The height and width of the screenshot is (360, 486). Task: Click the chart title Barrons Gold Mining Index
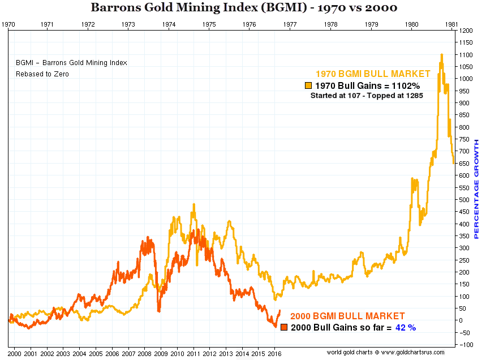[243, 8]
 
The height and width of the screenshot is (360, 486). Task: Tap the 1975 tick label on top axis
[209, 24]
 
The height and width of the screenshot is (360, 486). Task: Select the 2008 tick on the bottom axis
[145, 354]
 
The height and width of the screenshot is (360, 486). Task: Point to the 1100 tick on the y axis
[467, 55]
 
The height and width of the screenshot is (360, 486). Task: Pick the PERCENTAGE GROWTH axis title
[476, 188]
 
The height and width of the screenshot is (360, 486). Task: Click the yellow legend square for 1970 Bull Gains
[308, 85]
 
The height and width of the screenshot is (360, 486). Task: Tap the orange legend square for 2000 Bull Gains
[284, 327]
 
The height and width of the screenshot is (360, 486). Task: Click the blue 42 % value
[405, 327]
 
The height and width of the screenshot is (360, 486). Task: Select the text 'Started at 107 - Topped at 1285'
[367, 96]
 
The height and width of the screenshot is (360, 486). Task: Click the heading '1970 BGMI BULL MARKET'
[373, 74]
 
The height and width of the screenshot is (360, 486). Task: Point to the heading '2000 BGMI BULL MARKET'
[347, 316]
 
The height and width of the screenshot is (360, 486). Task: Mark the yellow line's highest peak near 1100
[441, 55]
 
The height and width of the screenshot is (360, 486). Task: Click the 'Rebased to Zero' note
[42, 74]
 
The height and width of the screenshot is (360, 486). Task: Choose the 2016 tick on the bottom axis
[274, 354]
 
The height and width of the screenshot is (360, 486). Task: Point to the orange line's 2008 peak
[148, 238]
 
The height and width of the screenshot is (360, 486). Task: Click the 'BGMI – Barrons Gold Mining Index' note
[71, 63]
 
